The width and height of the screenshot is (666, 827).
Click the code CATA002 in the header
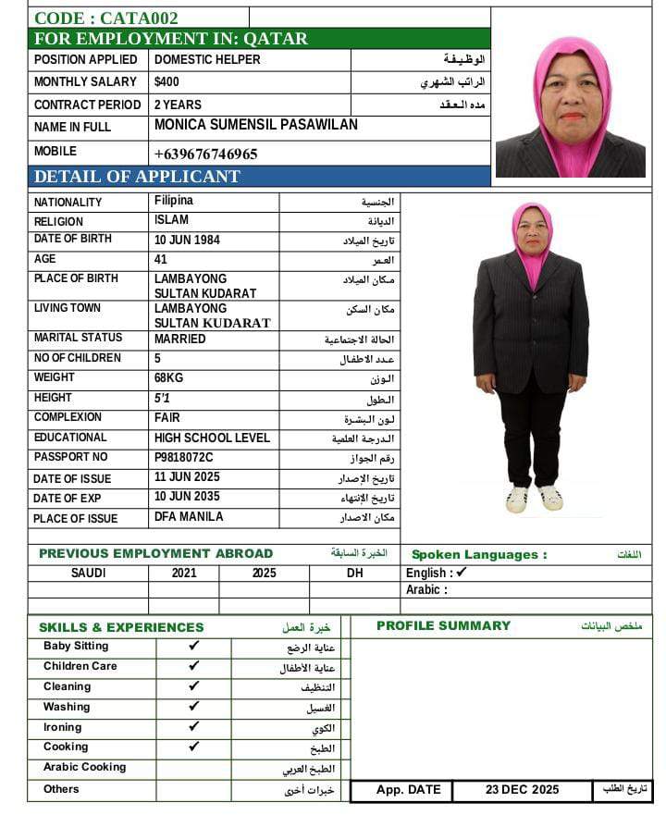[106, 18]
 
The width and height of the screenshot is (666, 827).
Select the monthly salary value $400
[167, 81]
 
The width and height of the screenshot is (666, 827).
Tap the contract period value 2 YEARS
[178, 105]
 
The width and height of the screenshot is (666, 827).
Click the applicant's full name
[256, 125]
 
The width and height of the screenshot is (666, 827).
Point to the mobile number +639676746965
[206, 154]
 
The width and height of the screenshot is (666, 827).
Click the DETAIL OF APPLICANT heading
[137, 177]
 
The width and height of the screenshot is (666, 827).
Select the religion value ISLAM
[171, 220]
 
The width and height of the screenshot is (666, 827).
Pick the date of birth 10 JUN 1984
[188, 239]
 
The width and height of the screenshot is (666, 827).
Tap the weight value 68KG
[169, 377]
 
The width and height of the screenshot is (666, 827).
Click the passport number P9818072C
[184, 457]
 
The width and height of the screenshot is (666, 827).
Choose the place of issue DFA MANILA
[189, 517]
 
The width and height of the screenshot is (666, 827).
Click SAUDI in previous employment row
[89, 573]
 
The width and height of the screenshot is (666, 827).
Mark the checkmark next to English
[462, 573]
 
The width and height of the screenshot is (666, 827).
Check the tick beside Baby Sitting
[194, 646]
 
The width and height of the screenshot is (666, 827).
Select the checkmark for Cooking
[194, 747]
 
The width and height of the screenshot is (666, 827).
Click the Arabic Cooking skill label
[84, 767]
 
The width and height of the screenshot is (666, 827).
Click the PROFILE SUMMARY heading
[443, 626]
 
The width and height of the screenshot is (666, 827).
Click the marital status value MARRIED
[180, 339]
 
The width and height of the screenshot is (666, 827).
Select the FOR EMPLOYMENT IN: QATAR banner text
[171, 39]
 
